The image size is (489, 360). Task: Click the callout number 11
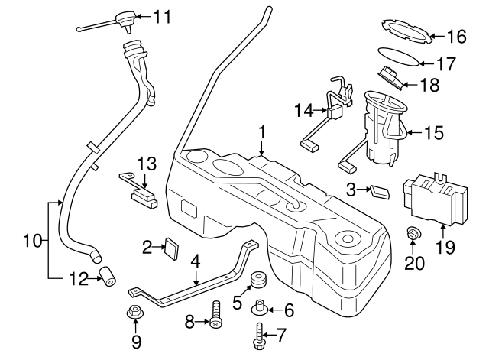(164, 15)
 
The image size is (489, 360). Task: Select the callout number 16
(456, 36)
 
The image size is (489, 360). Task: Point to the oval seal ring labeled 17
(399, 58)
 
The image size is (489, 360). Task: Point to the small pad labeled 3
(379, 190)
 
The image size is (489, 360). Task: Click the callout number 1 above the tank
(261, 132)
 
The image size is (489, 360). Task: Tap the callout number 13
(145, 162)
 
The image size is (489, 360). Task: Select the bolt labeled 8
(216, 314)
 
